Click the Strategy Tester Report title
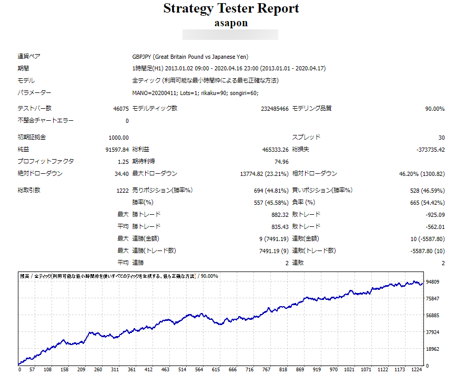coord(231,9)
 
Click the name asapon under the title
coord(231,23)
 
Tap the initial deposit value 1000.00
coord(118,138)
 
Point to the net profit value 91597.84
coord(117,150)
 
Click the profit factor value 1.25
coord(123,162)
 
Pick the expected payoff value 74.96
coord(280,162)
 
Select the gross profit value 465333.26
coord(271,150)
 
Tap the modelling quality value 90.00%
coord(434,109)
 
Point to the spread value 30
coord(441,138)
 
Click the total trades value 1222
coord(122,191)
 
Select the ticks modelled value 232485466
coord(275,109)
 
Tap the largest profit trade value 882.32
coord(279,215)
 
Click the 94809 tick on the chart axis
coord(432,282)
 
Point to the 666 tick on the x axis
coord(232,369)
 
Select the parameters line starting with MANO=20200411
coord(196,93)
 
